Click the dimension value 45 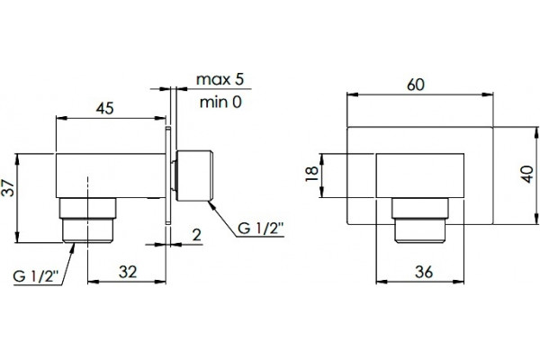coord(104,108)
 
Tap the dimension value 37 coord(8,188)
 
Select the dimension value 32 coord(128,272)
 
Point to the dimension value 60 coord(415,85)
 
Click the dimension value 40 coord(527,174)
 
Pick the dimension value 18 coord(312,174)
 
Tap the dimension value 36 coord(424,272)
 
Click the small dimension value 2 coord(196,235)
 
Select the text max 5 coord(220,79)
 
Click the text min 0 coord(220,102)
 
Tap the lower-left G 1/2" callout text coord(36,276)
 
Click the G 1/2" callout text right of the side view coord(261,228)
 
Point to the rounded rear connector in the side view coord(193,175)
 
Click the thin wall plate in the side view coord(168,175)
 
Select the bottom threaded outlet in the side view coord(88,220)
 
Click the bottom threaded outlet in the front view coord(420,220)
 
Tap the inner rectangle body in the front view coord(419,175)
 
